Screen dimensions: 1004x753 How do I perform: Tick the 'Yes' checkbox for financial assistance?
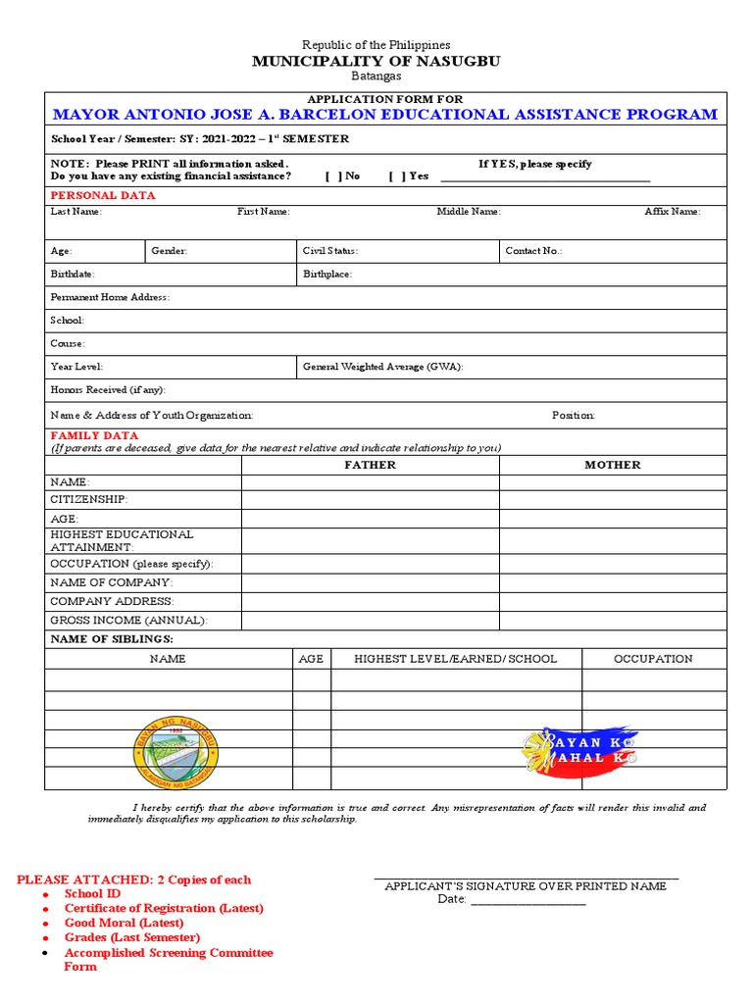395,176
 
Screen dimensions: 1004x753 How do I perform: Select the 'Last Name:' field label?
75,211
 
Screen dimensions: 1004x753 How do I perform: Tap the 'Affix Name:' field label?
672,211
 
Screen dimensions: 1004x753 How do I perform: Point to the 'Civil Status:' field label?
329,251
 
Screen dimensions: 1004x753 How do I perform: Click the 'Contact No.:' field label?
533,251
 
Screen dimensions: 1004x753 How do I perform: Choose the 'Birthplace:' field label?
326,275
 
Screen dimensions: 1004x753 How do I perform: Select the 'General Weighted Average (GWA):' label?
382,367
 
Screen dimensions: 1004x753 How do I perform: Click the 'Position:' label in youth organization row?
573,415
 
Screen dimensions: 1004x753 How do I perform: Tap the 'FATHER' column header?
370,465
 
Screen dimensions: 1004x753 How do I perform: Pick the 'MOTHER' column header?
613,465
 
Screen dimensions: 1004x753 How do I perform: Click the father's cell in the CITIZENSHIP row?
370,500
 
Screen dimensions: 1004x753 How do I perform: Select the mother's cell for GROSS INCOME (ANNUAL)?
613,621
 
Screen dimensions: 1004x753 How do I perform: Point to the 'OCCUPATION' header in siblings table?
653,659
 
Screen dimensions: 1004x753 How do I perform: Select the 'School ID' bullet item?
92,894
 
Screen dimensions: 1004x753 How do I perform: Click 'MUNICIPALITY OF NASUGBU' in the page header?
376,61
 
